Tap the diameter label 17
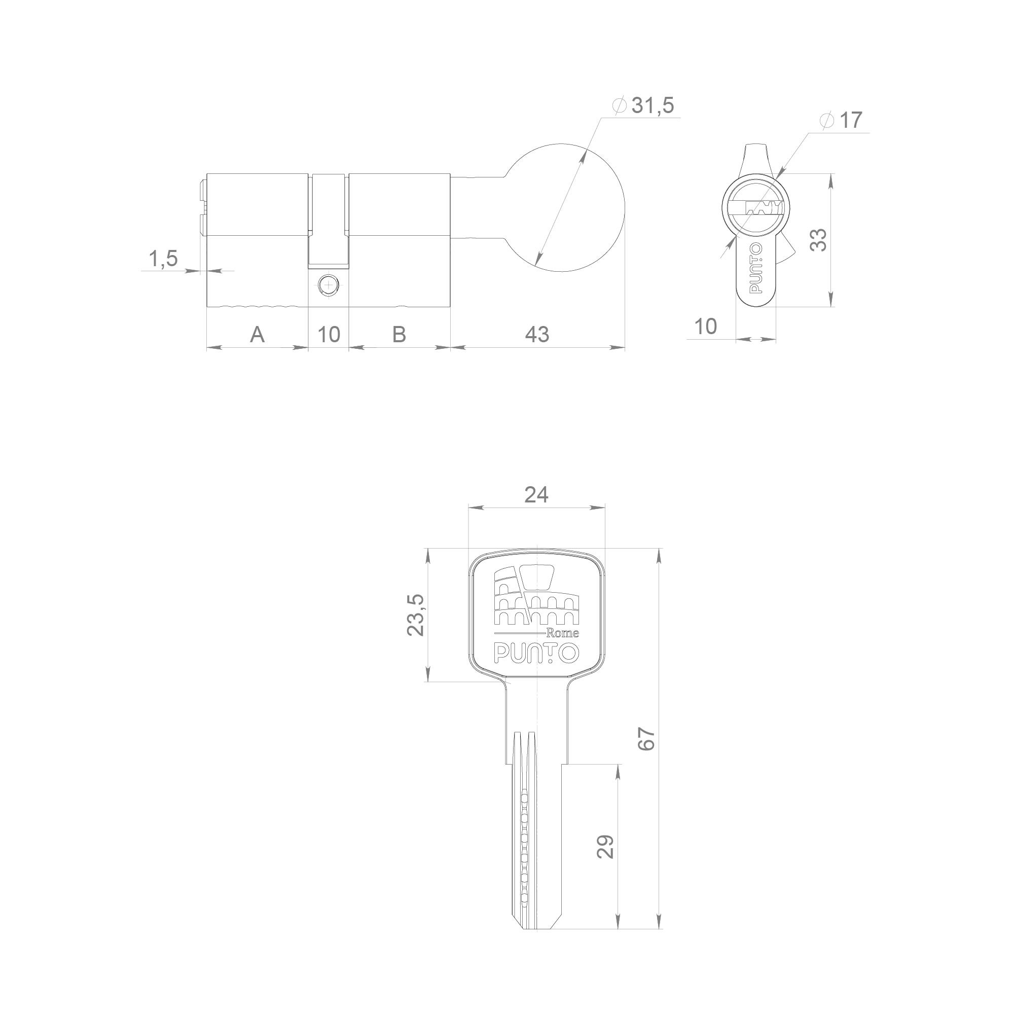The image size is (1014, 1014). click(x=850, y=120)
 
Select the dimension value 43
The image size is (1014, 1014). click(x=537, y=334)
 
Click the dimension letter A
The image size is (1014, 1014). click(x=257, y=334)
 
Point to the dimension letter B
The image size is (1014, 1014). click(x=399, y=334)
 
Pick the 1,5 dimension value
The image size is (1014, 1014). click(x=163, y=259)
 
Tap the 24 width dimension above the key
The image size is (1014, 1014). click(x=536, y=494)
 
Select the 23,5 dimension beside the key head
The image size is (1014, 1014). click(x=416, y=615)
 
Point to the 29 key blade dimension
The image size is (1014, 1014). click(x=606, y=846)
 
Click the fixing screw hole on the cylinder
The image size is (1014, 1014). click(x=328, y=285)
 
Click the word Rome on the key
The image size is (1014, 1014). click(x=563, y=633)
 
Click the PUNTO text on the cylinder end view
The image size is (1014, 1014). click(x=756, y=275)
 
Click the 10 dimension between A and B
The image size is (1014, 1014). click(x=329, y=334)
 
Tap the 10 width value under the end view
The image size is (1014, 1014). click(x=705, y=327)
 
